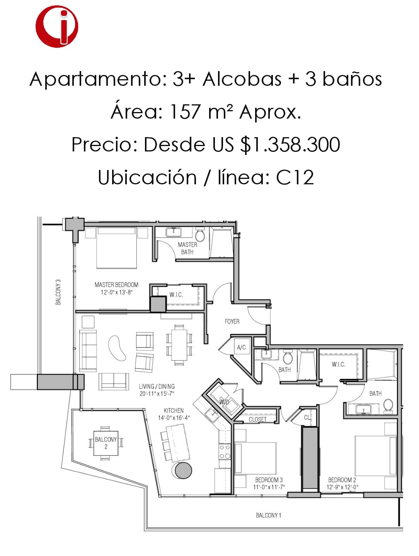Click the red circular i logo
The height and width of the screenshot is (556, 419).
coord(57,26)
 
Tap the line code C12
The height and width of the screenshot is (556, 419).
coord(295,178)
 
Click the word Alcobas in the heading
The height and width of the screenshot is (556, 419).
coord(242,79)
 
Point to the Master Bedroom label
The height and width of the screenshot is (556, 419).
coord(116,285)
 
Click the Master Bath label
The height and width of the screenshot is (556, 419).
coord(187,248)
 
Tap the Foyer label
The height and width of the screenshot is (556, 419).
coord(232,321)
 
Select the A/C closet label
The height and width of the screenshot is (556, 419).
coord(241,347)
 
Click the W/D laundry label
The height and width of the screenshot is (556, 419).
coord(224,402)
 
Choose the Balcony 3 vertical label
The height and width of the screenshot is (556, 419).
coord(58,292)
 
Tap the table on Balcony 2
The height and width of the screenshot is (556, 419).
coord(106,443)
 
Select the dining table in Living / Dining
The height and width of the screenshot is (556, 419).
coord(179,344)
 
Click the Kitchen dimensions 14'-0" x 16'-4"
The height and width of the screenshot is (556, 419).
coord(174,417)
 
